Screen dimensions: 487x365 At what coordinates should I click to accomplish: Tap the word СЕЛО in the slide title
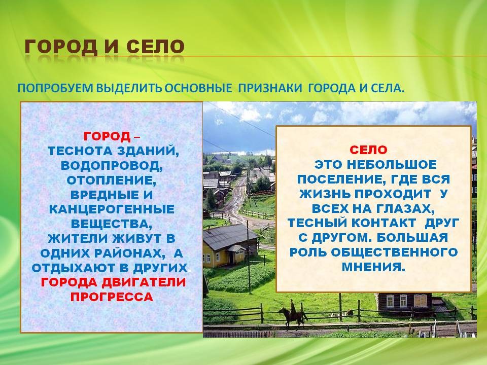(155, 47)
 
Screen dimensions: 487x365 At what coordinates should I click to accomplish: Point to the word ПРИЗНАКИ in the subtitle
(270, 88)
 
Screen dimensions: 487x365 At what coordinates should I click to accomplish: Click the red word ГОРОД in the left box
(107, 136)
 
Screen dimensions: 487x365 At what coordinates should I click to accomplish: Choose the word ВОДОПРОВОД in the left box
(112, 166)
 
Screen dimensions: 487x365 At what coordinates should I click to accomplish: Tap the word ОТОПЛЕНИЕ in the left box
(112, 180)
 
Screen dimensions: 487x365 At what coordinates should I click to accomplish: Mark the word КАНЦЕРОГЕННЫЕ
(112, 209)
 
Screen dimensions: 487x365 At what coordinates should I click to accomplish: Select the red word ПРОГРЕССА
(112, 297)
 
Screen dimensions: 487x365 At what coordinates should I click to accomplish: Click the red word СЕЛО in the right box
(368, 150)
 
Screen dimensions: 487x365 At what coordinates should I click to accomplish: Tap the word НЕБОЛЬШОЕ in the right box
(391, 165)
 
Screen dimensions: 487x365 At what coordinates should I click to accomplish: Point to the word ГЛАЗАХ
(405, 209)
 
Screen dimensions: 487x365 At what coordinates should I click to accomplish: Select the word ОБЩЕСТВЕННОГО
(395, 252)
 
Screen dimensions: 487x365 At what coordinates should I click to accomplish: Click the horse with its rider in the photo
(292, 315)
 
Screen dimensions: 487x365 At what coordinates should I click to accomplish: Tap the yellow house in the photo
(229, 246)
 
